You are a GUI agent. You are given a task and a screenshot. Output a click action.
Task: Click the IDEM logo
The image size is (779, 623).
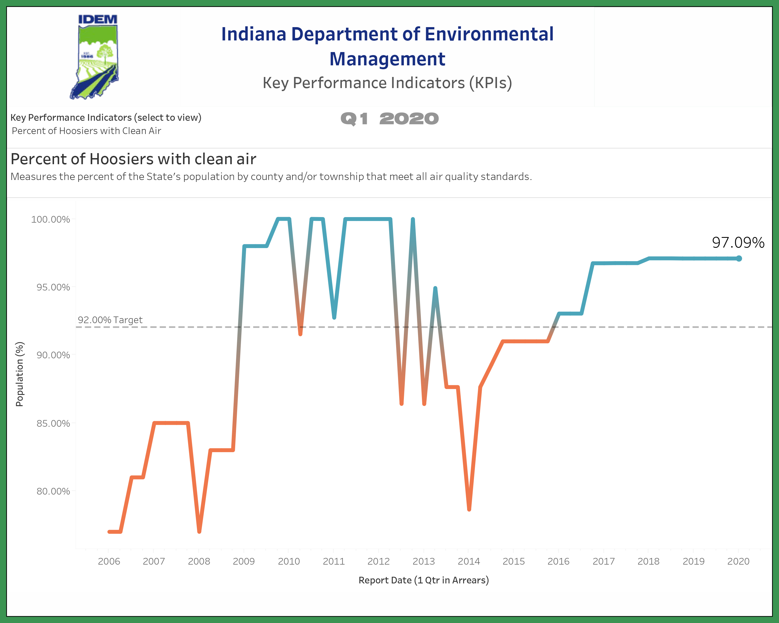[95, 57]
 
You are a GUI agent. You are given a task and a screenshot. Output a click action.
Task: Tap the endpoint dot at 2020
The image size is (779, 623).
[739, 258]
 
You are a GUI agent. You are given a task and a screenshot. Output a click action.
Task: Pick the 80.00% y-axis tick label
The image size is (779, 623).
[53, 491]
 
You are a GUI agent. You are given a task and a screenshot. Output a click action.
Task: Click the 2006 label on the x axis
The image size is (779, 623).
[109, 561]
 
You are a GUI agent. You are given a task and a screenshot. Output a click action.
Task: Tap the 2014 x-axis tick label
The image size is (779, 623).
[469, 561]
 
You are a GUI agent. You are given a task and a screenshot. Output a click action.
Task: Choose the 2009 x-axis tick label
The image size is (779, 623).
[244, 561]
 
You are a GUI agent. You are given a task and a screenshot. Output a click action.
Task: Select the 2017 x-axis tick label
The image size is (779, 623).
[603, 561]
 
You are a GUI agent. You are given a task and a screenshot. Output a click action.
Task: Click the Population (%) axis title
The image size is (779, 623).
[19, 374]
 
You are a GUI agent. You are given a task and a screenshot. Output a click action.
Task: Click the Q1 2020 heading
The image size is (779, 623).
[389, 119]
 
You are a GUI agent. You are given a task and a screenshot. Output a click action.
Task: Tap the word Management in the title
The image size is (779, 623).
[387, 59]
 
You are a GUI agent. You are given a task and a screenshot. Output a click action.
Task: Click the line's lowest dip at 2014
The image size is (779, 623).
[469, 509]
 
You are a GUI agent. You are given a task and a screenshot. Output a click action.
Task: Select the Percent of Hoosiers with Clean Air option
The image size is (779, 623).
[86, 131]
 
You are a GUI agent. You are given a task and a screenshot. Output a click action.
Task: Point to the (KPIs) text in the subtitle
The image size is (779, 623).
[490, 83]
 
